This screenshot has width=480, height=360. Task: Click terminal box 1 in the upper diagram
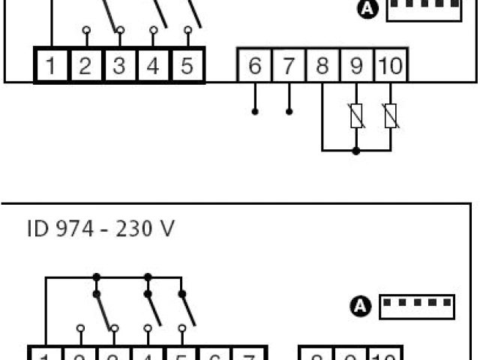tap(51, 65)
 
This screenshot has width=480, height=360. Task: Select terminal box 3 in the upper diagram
tap(119, 65)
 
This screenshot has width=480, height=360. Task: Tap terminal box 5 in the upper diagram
tap(187, 65)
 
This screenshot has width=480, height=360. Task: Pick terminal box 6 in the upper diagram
tap(255, 67)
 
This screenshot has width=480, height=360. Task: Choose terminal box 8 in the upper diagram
tap(322, 67)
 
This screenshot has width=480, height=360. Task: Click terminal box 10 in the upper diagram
tap(390, 67)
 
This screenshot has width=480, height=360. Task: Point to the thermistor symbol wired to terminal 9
tap(356, 116)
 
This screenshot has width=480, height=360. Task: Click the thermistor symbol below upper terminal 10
tap(390, 116)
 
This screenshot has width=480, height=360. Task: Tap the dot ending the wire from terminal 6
tap(255, 112)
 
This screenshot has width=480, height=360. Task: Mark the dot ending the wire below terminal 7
tap(289, 112)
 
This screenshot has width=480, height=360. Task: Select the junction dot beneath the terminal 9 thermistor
tap(356, 151)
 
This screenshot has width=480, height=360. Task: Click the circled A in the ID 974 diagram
tap(362, 305)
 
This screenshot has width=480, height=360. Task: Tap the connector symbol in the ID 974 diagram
tap(418, 305)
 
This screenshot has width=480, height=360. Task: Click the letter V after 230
tap(166, 228)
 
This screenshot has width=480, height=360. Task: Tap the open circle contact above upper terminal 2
tap(85, 31)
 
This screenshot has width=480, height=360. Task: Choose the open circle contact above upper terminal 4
tap(153, 31)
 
